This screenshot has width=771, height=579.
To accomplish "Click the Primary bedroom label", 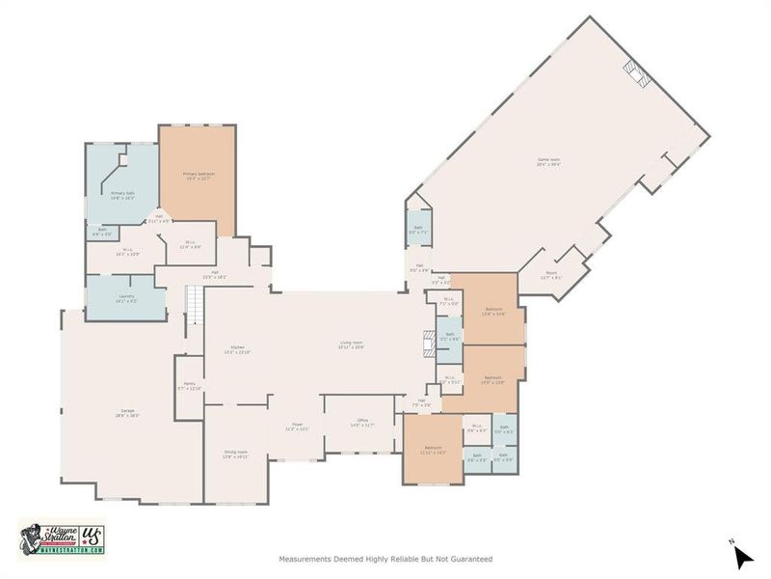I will point(199,177).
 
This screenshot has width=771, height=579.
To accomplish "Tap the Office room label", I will point(360,423).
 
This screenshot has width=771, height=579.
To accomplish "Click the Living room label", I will point(351,344).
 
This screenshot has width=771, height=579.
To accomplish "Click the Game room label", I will point(549,162).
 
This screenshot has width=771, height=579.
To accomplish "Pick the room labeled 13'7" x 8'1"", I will point(550,274).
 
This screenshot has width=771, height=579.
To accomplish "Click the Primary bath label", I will point(122,196).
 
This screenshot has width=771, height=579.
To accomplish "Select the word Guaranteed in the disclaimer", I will point(470,559).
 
